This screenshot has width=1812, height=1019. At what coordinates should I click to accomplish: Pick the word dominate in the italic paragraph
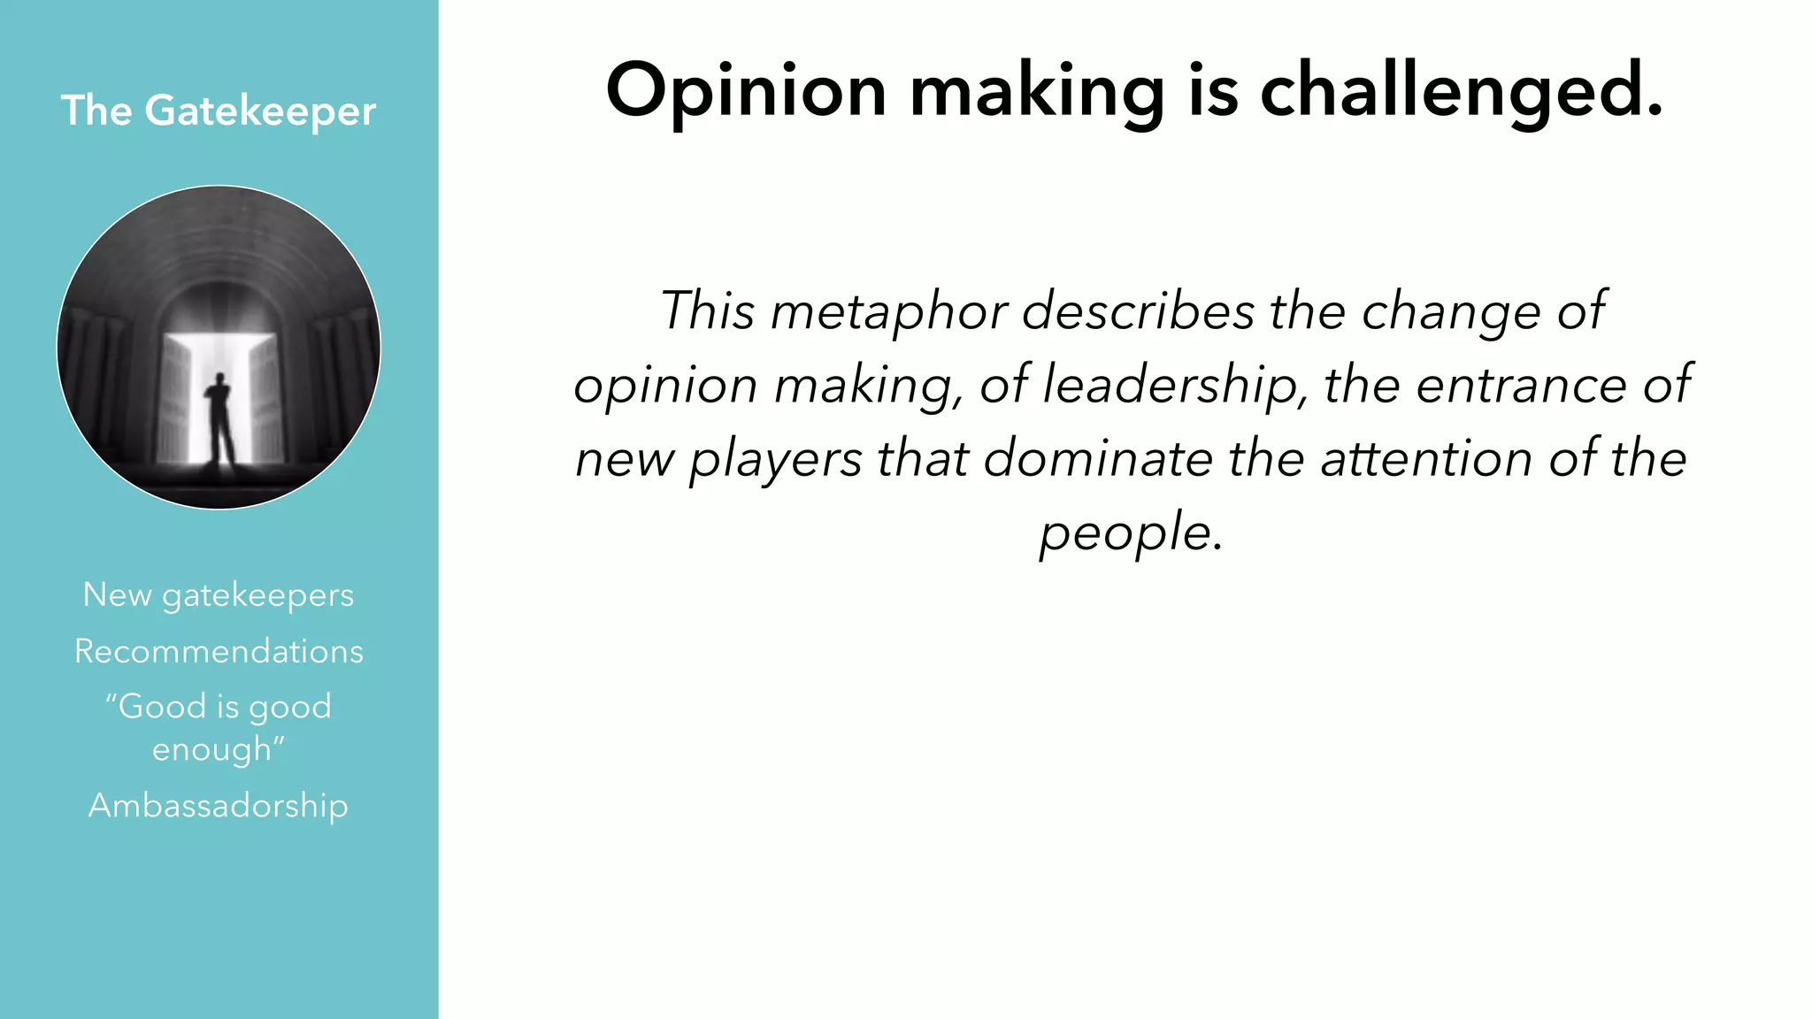coord(1098,459)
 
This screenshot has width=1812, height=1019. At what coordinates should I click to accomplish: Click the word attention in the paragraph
coord(1427,459)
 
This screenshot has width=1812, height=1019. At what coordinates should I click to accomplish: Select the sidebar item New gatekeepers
coord(219,595)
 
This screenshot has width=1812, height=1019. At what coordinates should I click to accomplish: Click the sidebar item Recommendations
coord(219,652)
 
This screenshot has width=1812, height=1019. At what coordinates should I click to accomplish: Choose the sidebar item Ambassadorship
coord(219,806)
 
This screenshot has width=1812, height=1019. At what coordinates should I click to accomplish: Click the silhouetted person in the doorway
coord(219,416)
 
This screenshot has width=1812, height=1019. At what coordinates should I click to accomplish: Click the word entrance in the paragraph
coord(1521,386)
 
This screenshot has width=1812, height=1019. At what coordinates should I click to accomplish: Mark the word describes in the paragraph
coord(1139,312)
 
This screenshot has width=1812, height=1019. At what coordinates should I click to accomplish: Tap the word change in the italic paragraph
coord(1450,312)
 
